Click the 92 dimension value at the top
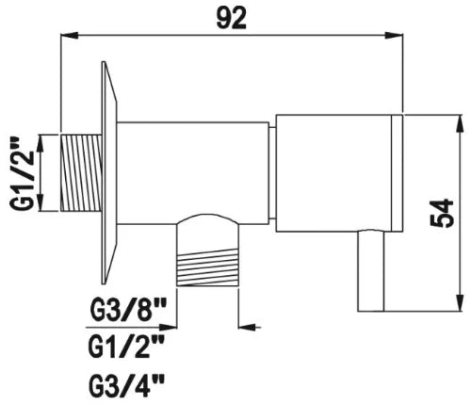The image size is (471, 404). click(232, 18)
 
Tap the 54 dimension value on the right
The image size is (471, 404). click(442, 213)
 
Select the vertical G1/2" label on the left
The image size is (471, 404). click(22, 173)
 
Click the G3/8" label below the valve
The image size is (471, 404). click(128, 310)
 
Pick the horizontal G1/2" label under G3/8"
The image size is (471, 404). click(127, 347)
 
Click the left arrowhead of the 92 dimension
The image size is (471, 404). click(69, 35)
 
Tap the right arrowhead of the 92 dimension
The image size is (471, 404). click(394, 35)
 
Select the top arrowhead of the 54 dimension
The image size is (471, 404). click(461, 123)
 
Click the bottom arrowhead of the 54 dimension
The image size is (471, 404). click(461, 302)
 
